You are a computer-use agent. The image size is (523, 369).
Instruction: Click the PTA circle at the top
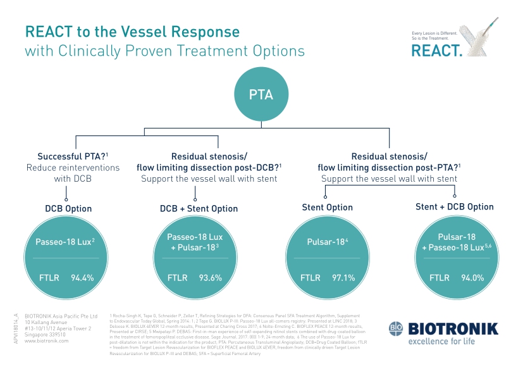(x=262, y=95)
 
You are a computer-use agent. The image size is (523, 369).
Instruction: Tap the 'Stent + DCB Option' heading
(x=454, y=207)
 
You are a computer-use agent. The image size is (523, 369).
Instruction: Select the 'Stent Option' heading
(x=327, y=208)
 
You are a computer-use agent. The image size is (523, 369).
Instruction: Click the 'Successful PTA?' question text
(x=65, y=156)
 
